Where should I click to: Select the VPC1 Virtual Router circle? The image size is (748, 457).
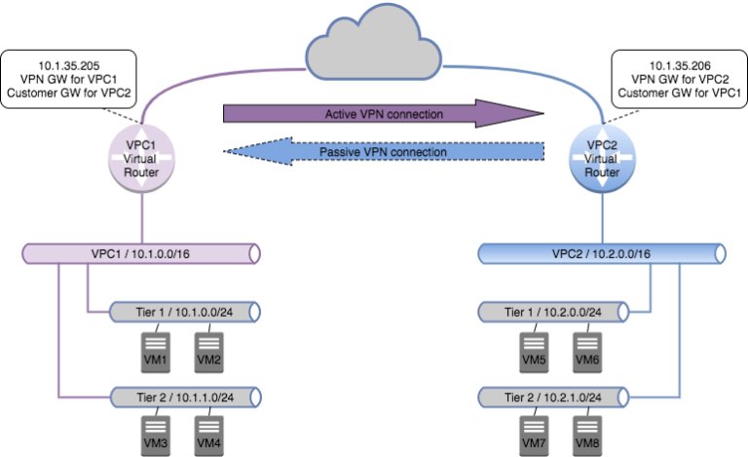tap(143, 156)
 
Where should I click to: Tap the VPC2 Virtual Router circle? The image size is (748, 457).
tap(601, 156)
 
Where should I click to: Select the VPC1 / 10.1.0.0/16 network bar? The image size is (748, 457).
tap(140, 254)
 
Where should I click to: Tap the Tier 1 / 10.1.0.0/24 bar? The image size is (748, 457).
tap(184, 312)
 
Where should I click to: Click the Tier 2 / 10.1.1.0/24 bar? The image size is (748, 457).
tap(184, 397)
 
